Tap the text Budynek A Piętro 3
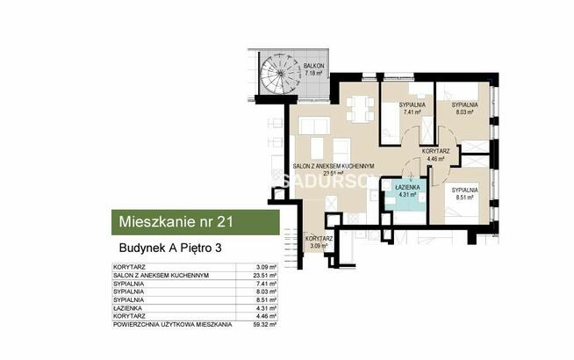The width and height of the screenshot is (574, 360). click(x=170, y=248)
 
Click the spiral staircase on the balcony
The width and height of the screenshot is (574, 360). click(x=274, y=73)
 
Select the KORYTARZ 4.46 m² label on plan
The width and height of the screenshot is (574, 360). click(x=435, y=155)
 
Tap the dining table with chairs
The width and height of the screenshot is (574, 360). click(x=356, y=109)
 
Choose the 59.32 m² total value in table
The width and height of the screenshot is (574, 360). click(x=266, y=324)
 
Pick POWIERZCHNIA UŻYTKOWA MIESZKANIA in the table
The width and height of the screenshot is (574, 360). click(x=173, y=324)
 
